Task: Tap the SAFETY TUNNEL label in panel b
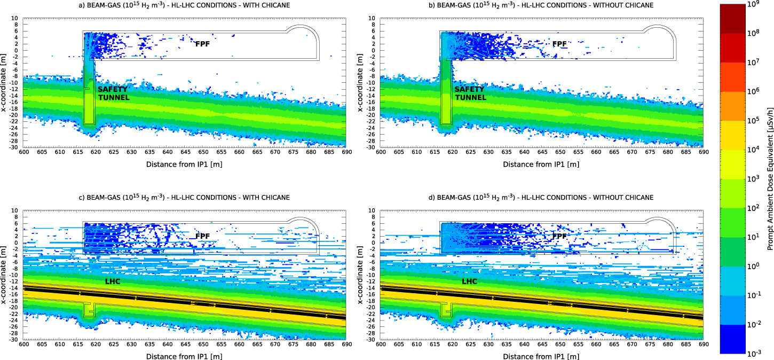tap(470, 93)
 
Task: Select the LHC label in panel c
tap(113, 281)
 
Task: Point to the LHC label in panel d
tap(469, 281)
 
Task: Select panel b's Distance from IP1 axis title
tap(541, 164)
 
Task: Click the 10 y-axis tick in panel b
tap(374, 18)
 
